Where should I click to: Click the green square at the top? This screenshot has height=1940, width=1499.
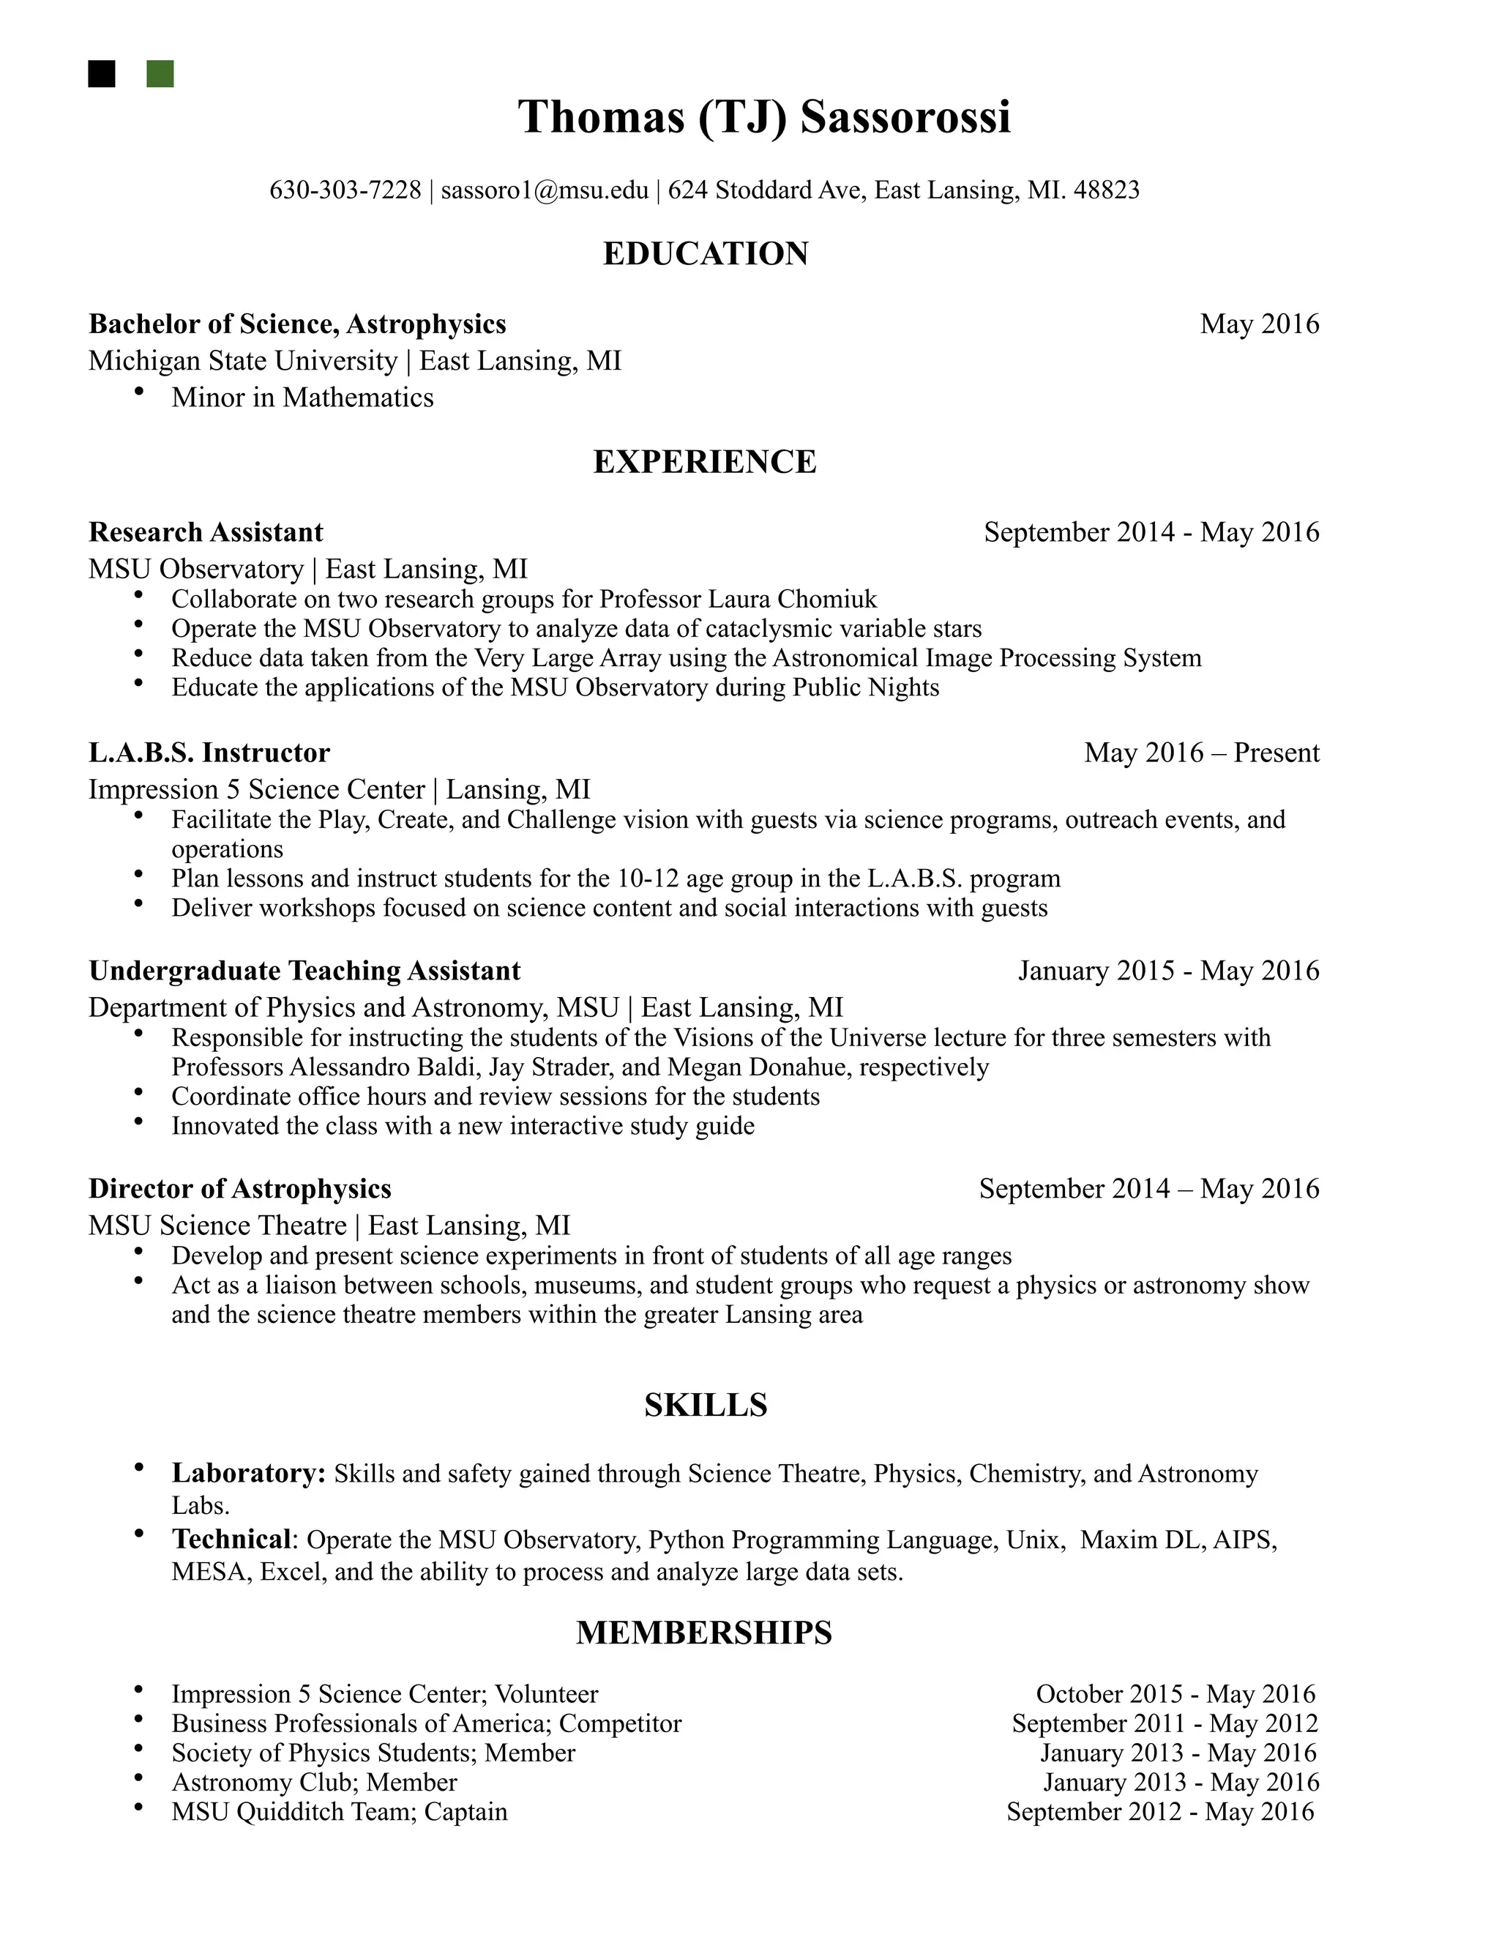(x=160, y=74)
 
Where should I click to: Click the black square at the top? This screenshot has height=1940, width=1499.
(x=102, y=74)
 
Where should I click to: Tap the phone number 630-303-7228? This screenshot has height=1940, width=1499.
(x=345, y=190)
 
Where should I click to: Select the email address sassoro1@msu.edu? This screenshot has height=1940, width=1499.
(x=545, y=190)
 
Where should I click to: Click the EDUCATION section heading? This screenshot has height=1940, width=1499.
(x=705, y=254)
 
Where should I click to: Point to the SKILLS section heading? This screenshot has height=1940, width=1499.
(x=705, y=1404)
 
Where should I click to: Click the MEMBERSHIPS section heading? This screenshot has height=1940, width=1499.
(x=703, y=1633)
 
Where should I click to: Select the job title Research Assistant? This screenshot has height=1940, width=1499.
(x=206, y=532)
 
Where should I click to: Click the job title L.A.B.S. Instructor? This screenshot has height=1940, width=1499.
(x=209, y=753)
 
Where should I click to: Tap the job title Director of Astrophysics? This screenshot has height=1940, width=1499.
(x=240, y=1188)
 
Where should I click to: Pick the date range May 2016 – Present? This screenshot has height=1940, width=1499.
(x=1202, y=753)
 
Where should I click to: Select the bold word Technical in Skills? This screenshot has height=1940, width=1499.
(x=231, y=1539)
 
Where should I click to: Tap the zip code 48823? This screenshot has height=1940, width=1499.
(x=1107, y=190)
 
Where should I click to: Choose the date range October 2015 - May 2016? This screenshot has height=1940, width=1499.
(x=1175, y=1694)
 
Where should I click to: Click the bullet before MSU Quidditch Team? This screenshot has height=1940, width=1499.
(x=138, y=1807)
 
